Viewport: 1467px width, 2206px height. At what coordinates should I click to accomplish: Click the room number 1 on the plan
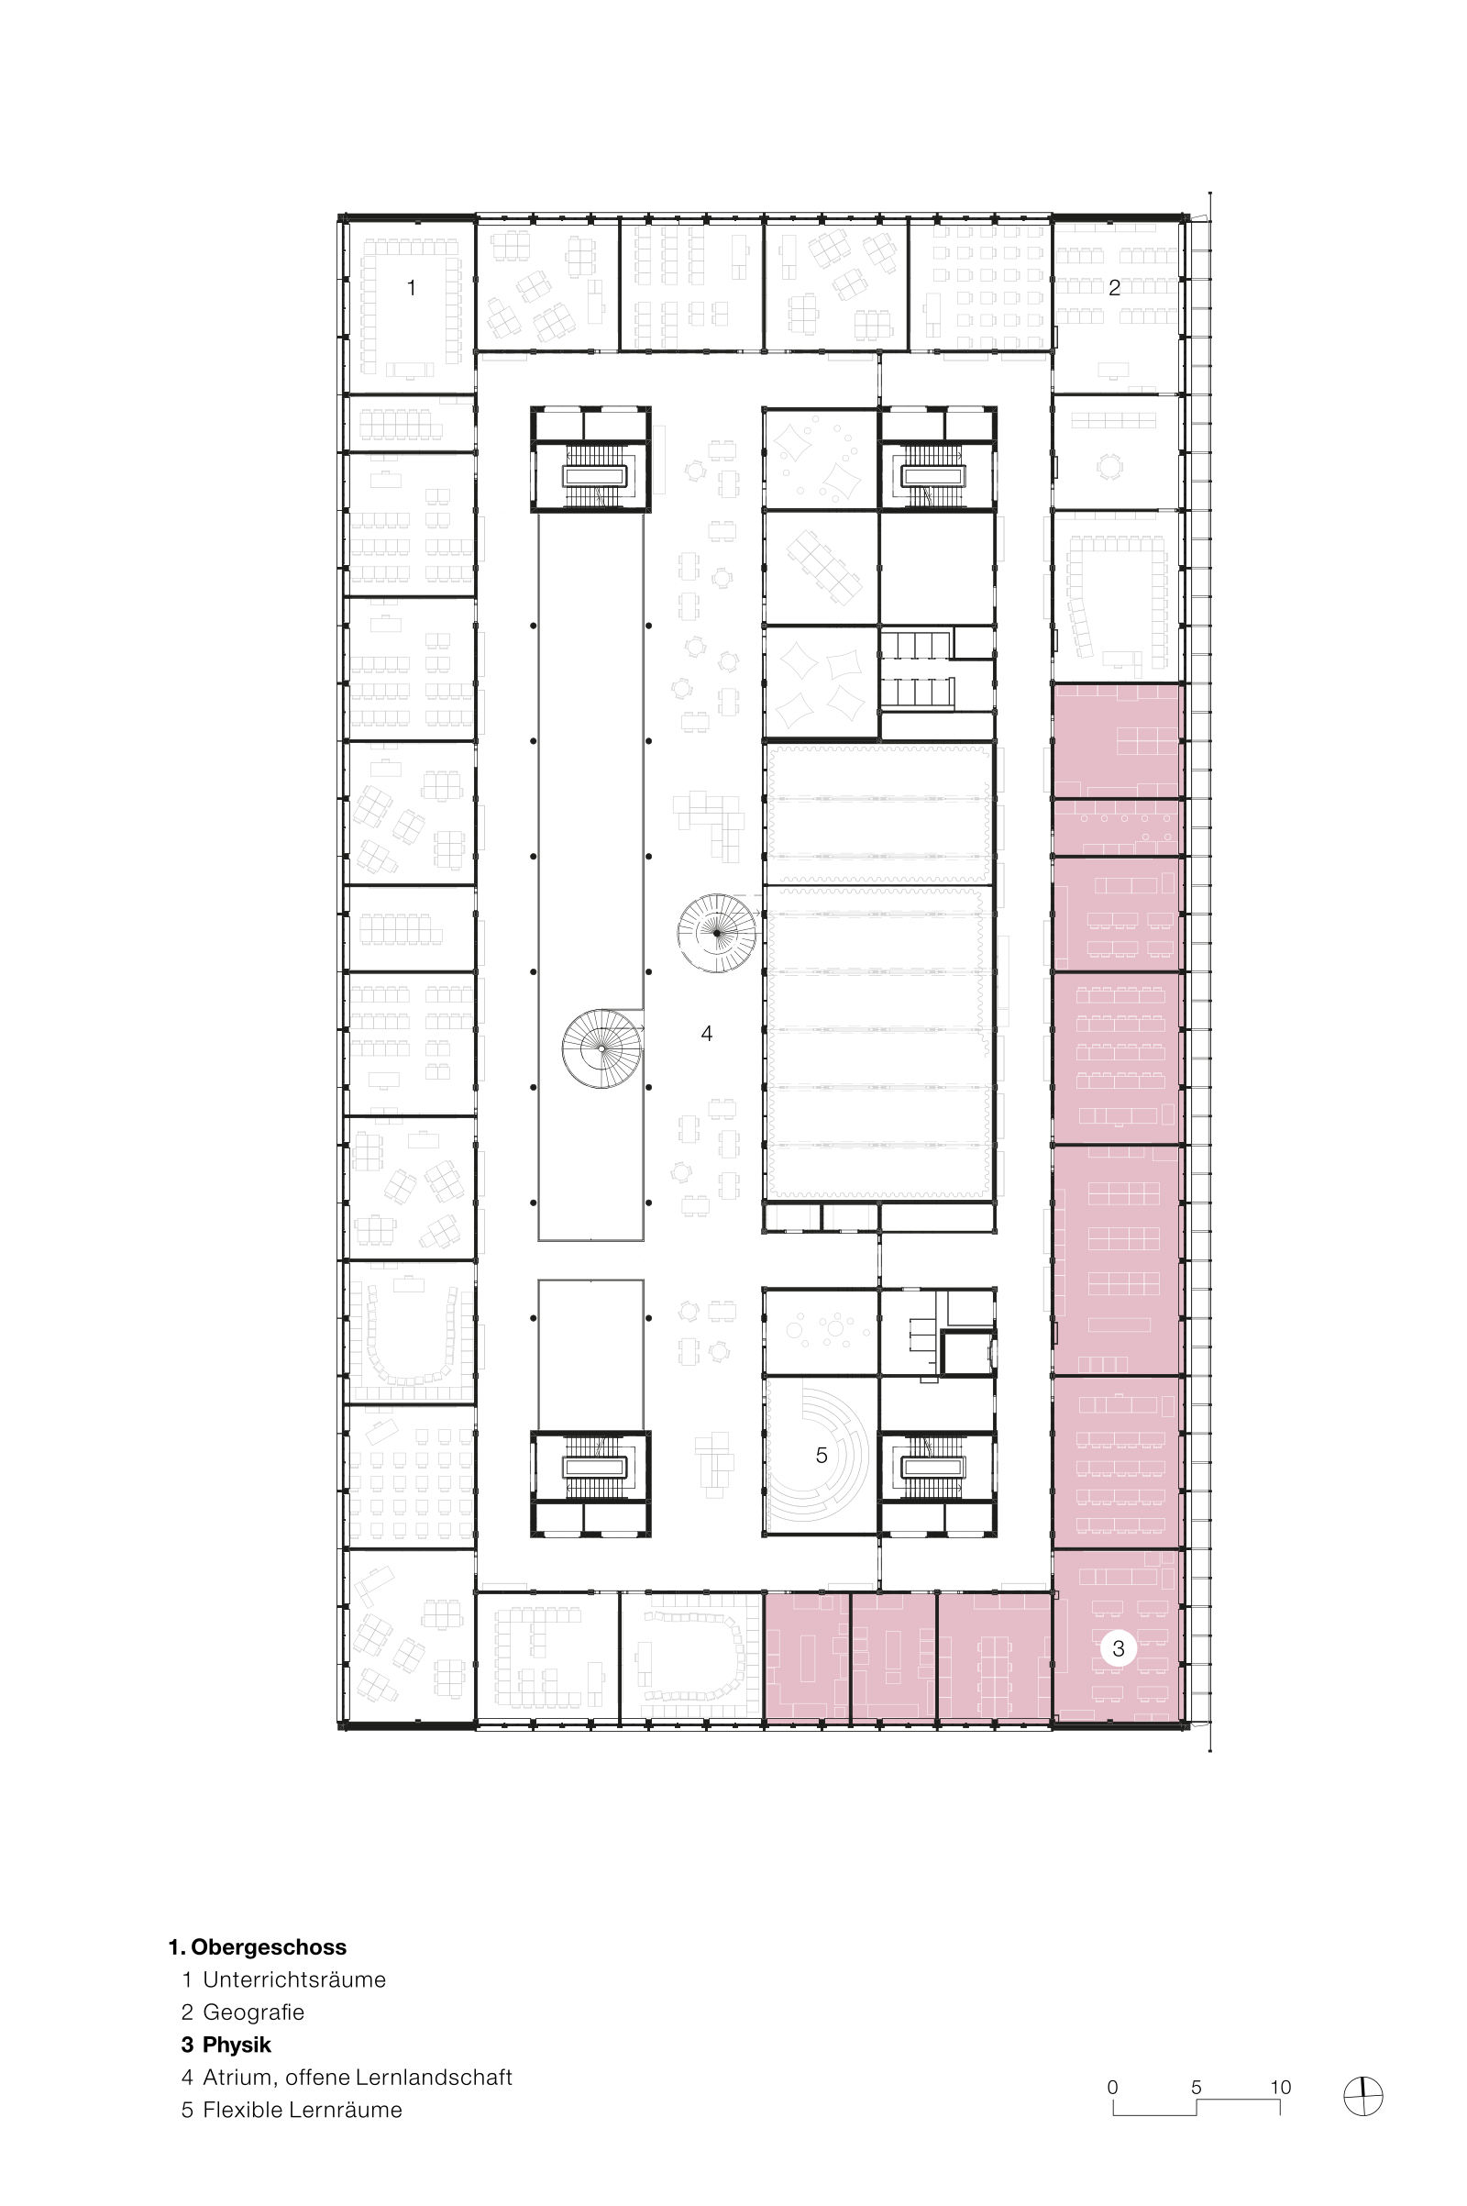coord(411,288)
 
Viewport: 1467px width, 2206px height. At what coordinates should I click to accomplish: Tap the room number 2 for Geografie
coord(1113,288)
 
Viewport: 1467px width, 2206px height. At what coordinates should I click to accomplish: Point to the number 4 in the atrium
coord(706,1033)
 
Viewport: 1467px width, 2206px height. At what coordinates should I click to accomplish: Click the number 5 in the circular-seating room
coord(822,1456)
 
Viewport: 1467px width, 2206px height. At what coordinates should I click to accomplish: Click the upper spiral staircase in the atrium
coord(717,933)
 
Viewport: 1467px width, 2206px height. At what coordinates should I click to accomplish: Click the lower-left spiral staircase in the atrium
coord(601,1048)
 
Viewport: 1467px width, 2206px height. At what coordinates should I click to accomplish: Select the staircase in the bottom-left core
coord(593,1469)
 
